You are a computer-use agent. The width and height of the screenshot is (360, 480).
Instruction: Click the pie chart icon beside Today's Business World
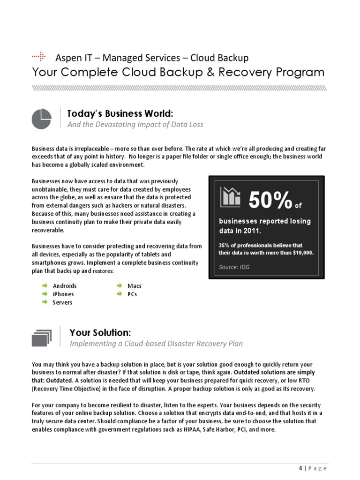(41, 118)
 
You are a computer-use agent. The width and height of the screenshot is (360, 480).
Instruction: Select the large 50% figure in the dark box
(270, 201)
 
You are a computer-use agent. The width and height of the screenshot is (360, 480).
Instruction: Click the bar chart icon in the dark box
(231, 197)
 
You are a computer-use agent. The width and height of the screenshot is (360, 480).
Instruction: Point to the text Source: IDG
(234, 267)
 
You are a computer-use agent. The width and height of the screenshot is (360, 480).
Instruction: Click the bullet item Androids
(65, 286)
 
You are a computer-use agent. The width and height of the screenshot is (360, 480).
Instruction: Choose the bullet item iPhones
(63, 294)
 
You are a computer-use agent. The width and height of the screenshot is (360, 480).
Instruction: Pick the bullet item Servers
(62, 303)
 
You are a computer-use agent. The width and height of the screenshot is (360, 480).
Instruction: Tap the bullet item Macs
(134, 286)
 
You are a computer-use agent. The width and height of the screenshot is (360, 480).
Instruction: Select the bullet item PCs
(132, 294)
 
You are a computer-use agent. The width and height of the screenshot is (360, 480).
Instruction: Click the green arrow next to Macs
(119, 285)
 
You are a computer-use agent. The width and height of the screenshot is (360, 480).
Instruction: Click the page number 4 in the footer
(300, 469)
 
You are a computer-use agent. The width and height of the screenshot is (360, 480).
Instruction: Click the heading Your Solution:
(100, 333)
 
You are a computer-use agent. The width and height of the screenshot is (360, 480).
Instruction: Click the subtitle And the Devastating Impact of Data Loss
(135, 125)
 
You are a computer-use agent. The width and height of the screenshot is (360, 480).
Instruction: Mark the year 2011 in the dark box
(250, 231)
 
